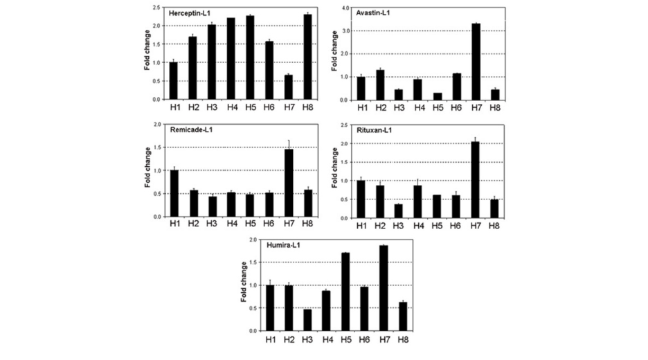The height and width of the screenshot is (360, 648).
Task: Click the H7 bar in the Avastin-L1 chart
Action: [x=476, y=62]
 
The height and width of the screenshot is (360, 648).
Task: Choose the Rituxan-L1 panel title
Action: [x=374, y=129]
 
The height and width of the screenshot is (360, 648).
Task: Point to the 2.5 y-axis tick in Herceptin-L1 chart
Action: [x=156, y=8]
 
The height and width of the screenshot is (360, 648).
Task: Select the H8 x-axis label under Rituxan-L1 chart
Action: [x=494, y=226]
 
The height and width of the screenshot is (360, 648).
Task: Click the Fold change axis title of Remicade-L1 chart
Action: [x=147, y=170]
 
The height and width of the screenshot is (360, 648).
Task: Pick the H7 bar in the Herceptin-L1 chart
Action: [x=288, y=87]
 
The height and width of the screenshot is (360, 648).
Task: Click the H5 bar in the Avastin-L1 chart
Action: [x=438, y=96]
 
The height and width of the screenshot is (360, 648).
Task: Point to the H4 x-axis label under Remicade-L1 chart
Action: [x=231, y=225]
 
